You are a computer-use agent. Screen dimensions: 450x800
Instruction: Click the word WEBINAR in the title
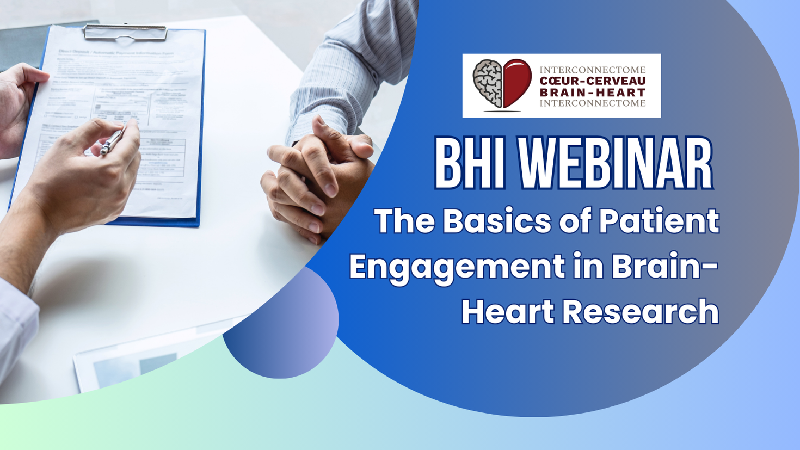click(615, 164)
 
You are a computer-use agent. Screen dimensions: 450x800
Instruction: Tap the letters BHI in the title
click(467, 164)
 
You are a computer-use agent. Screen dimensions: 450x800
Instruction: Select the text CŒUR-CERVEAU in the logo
click(592, 81)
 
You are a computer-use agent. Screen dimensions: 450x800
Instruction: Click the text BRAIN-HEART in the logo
click(592, 92)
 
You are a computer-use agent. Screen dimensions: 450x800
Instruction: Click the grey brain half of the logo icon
click(488, 83)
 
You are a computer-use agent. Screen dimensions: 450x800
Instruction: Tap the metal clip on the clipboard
click(125, 33)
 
